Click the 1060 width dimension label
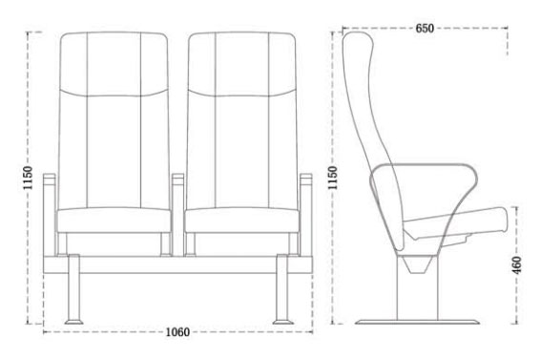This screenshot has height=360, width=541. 177,333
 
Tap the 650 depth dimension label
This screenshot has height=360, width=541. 428,29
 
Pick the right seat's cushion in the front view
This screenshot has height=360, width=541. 241,220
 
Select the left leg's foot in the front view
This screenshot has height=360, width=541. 73,319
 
